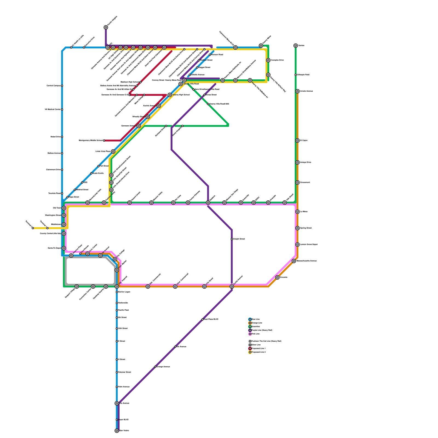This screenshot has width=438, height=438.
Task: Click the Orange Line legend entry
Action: [256, 323]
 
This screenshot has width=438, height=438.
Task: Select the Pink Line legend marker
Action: [250, 334]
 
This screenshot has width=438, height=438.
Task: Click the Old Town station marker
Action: [64, 208]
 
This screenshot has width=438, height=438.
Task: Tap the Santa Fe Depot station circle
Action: [64, 248]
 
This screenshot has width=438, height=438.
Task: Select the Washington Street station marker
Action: [64, 215]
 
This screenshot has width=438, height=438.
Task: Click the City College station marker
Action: [115, 259]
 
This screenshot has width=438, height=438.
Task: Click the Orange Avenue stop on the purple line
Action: [155, 367]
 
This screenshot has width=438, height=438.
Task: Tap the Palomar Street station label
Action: [125, 372]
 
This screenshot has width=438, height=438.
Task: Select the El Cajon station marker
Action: [298, 140]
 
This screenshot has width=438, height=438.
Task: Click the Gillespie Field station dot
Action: [296, 75]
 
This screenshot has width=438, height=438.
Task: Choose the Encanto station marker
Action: [277, 278]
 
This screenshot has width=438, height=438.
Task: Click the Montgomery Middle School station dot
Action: [104, 140]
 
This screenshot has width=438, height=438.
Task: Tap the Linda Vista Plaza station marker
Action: [113, 151]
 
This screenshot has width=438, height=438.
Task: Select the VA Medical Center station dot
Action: [62, 109]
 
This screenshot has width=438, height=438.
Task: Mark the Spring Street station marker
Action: [298, 228]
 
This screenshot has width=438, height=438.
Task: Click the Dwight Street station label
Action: [239, 239]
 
